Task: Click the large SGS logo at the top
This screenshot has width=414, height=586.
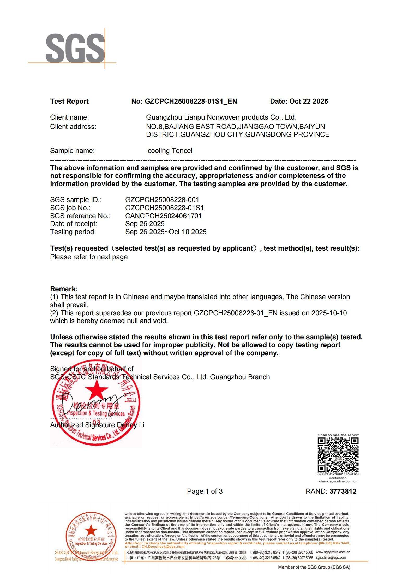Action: (75, 48)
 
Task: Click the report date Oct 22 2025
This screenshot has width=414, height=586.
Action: (309, 101)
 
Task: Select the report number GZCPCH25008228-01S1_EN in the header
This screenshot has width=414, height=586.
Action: (191, 101)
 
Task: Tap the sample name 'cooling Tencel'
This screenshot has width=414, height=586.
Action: (170, 151)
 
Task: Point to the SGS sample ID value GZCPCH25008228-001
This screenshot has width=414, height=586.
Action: (162, 200)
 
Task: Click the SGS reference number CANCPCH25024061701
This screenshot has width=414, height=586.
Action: (163, 216)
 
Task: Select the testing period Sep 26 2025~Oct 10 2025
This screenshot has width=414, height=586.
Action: (166, 232)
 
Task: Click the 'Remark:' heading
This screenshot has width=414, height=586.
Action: (64, 289)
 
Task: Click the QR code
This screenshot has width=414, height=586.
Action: (338, 454)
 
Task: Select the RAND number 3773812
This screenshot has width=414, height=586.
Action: (343, 491)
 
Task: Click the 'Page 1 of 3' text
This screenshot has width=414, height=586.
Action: (205, 491)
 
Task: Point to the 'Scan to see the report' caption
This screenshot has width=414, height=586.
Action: (338, 435)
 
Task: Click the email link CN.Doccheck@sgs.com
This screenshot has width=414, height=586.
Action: (163, 547)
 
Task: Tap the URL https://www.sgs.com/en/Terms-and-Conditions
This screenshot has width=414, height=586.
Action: (229, 517)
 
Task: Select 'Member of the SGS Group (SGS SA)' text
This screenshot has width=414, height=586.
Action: (314, 567)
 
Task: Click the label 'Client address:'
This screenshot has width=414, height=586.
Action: (73, 127)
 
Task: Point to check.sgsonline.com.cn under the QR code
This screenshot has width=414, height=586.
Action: (338, 481)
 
